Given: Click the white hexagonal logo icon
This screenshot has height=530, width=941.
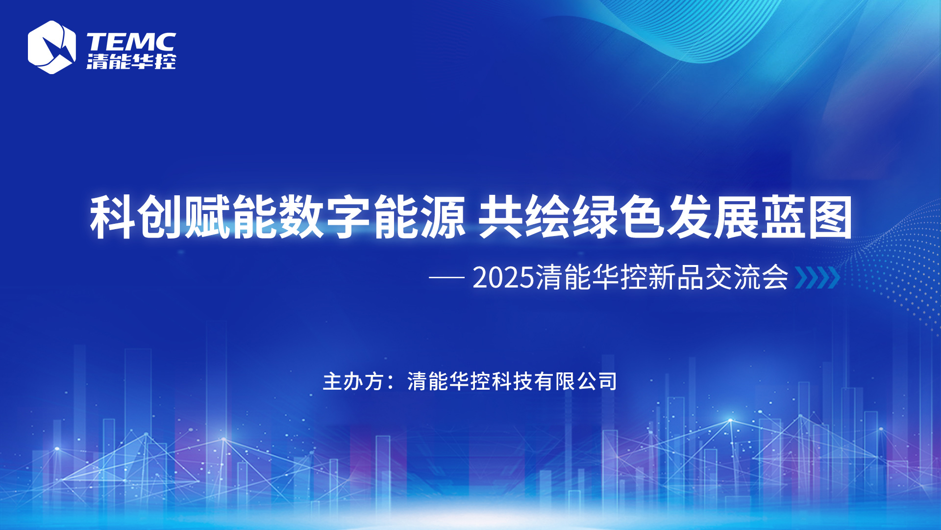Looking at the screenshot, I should coord(51,47).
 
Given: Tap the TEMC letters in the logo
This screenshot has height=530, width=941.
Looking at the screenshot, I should coord(131,42).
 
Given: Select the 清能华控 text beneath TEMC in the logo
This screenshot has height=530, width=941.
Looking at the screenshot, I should coord(131,62).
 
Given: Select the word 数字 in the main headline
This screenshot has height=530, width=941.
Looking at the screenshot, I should coord(325,217).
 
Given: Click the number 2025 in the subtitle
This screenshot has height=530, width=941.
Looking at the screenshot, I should coord(503,278).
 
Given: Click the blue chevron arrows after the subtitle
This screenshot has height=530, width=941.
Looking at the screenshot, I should coord(817,278).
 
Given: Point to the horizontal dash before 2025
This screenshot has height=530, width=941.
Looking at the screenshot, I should coord(446,278).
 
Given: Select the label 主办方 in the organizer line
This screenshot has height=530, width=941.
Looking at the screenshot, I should coord(353,381).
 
